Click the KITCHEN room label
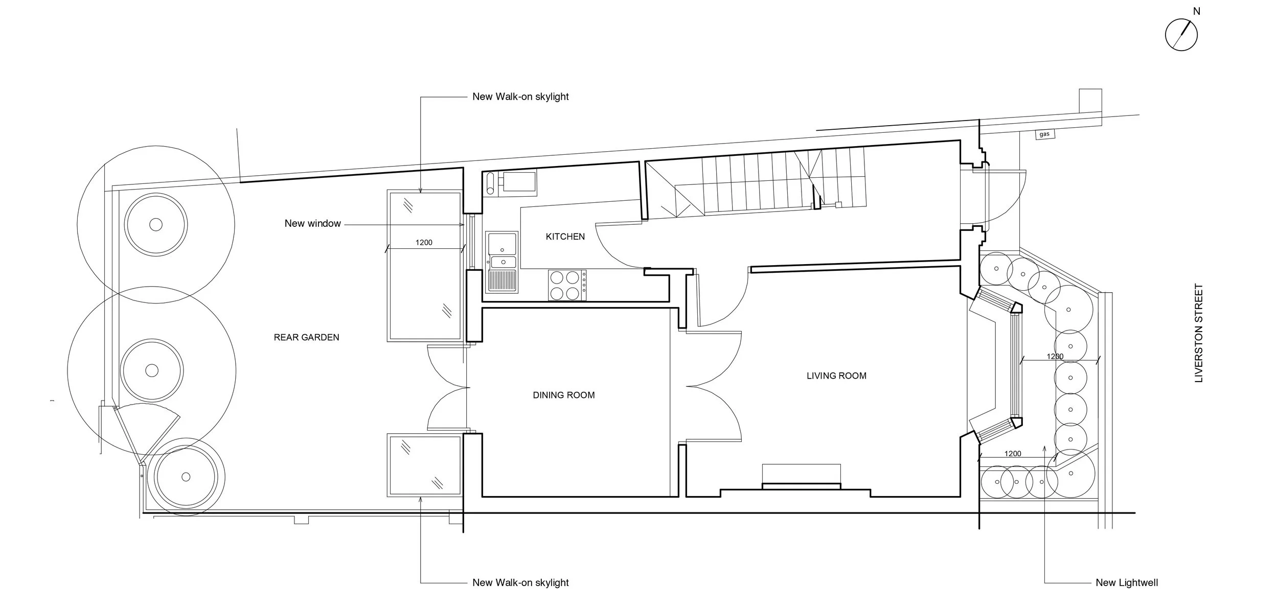(x=565, y=237)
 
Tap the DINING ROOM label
(x=563, y=395)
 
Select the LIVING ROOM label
(x=836, y=376)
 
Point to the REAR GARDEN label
(x=306, y=337)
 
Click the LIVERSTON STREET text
(x=1199, y=333)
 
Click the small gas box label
(x=1044, y=134)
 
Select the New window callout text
(x=312, y=223)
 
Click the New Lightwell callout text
(x=1127, y=582)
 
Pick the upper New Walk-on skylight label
(x=520, y=97)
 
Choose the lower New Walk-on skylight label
(x=520, y=582)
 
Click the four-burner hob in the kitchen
(x=567, y=285)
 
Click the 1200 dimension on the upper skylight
(x=424, y=243)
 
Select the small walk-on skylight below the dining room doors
(x=424, y=465)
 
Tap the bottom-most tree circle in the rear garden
(x=186, y=477)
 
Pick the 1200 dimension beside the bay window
(x=1055, y=357)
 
